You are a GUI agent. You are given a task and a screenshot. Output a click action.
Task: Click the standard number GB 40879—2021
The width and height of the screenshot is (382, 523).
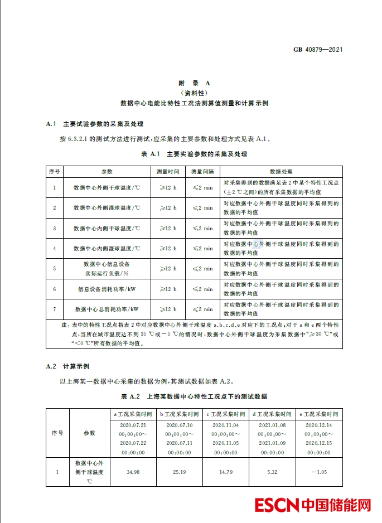(317, 50)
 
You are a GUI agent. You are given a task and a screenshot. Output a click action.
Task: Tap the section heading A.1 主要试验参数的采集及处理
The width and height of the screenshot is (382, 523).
(95, 123)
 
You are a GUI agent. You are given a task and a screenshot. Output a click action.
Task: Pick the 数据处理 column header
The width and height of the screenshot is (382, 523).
(281, 172)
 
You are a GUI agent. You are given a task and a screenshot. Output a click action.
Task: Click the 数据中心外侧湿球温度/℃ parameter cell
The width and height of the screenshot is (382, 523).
(107, 208)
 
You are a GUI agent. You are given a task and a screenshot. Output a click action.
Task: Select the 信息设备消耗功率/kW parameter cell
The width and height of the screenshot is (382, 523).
(107, 289)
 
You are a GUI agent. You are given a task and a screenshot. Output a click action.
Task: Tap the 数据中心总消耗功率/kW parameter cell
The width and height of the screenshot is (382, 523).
(107, 309)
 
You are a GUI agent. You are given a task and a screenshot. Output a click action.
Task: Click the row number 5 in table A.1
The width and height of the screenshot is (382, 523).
(54, 269)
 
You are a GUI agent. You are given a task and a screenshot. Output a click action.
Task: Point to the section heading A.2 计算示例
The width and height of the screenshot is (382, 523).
(67, 366)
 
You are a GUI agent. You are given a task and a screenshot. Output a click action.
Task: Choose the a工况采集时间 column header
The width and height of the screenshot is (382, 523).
(133, 414)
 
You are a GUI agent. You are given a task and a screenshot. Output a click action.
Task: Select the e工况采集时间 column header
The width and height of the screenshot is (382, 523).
(319, 414)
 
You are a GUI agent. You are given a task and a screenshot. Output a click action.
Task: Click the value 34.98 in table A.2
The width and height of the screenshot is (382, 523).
(133, 472)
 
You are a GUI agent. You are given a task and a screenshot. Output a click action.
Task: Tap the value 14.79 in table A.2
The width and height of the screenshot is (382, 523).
(226, 472)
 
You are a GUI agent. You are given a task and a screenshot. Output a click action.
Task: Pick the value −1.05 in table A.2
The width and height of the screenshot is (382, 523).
(319, 472)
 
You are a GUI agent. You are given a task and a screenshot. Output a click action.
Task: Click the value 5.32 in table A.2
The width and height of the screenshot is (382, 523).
(272, 472)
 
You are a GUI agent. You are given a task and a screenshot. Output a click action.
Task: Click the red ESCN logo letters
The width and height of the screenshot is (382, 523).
(277, 505)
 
